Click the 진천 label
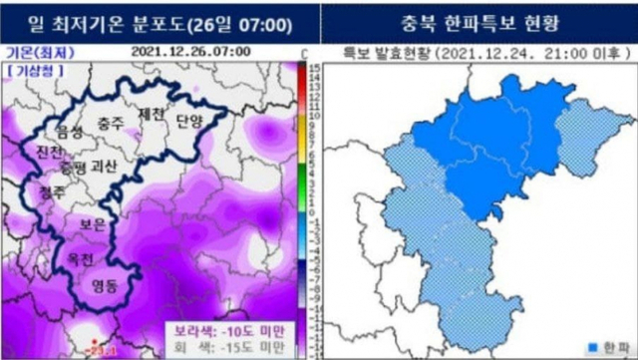pos(49,152)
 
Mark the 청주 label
pos(51,188)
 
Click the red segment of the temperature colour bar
pos(302,85)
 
